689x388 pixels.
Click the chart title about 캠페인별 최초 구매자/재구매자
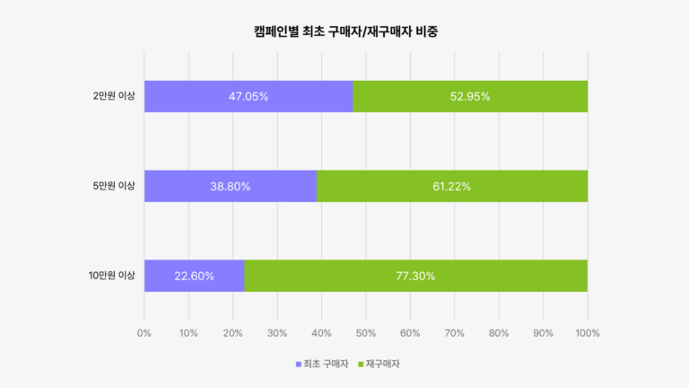point(344,31)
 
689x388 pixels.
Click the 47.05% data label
point(247,96)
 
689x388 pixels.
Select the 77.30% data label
point(415,276)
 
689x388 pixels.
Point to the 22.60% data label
point(194,276)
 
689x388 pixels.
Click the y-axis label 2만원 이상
point(114,96)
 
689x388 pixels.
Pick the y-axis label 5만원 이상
point(114,186)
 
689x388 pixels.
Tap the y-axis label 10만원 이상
point(112,276)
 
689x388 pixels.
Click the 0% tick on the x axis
point(144,333)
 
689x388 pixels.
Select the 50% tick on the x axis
point(366,333)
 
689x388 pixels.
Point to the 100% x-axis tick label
point(588,333)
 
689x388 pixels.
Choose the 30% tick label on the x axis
point(277,333)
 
